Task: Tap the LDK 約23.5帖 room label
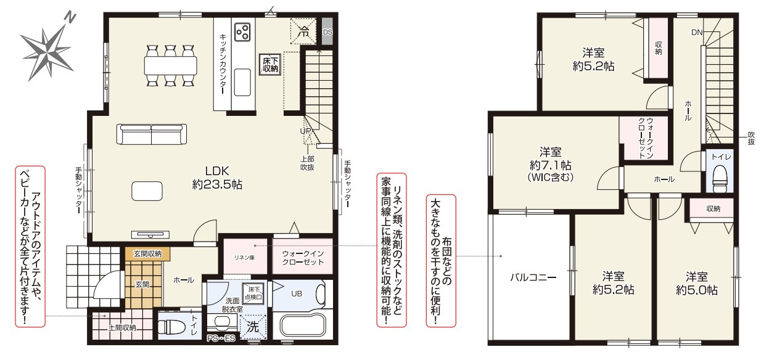click(217, 178)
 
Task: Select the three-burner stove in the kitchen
click(242, 31)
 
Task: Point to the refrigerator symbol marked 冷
click(303, 31)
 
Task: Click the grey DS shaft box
click(327, 31)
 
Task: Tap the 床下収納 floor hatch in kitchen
click(270, 64)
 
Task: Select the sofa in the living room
click(152, 134)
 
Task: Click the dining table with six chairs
click(171, 65)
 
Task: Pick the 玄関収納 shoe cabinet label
click(147, 253)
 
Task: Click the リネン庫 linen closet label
click(244, 258)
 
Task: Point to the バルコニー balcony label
click(533, 277)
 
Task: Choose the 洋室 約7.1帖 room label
click(551, 164)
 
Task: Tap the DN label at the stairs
click(697, 33)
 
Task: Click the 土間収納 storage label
click(122, 328)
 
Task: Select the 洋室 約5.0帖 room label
click(697, 284)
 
